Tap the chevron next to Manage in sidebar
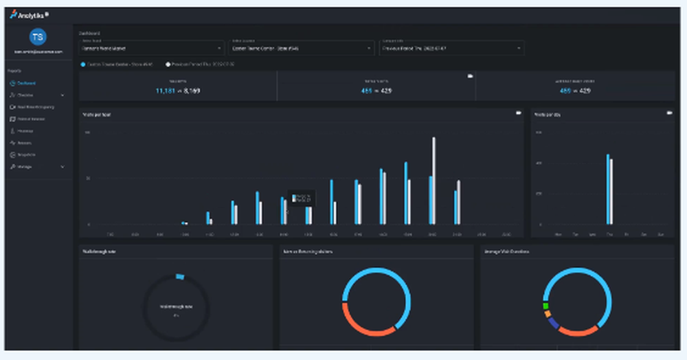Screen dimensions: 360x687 click(x=63, y=166)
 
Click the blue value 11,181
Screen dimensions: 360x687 click(x=166, y=91)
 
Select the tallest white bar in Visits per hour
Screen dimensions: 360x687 click(x=433, y=180)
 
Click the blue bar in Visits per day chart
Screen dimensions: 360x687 click(x=607, y=189)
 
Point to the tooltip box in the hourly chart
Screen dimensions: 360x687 click(x=301, y=199)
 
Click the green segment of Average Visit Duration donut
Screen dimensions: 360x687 click(x=545, y=306)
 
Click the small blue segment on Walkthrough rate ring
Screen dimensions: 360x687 click(x=180, y=276)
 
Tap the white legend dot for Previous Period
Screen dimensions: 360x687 click(x=167, y=64)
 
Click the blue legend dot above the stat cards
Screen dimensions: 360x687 click(x=82, y=64)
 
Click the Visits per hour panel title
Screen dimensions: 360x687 click(x=97, y=114)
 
